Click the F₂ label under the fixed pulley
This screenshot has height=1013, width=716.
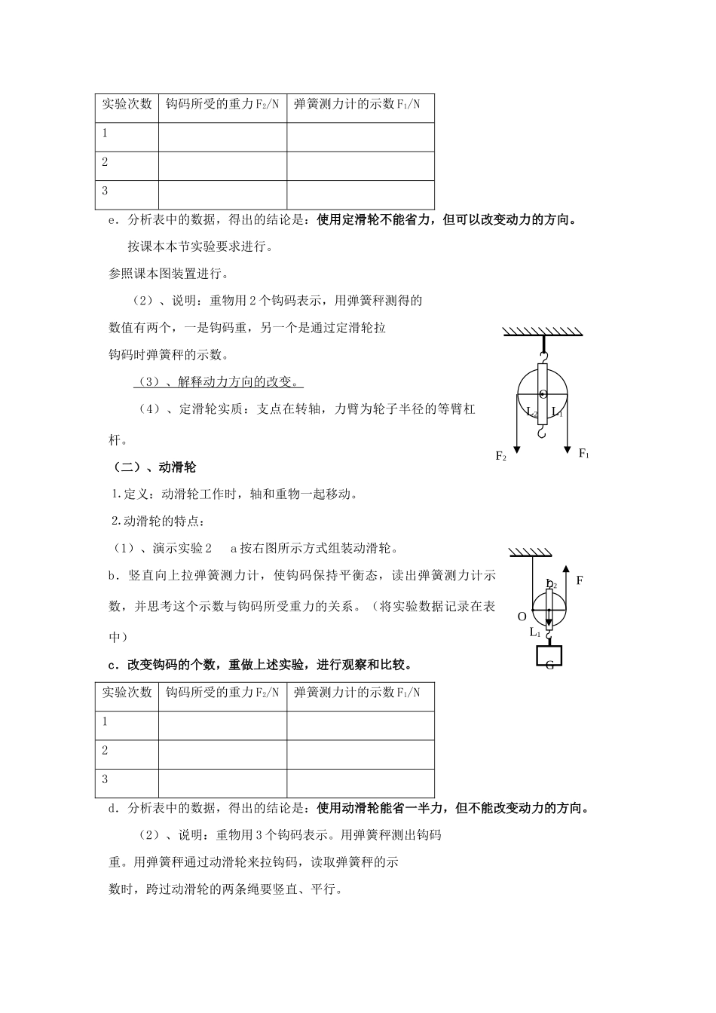[501, 456]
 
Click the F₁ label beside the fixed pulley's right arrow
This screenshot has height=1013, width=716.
[583, 453]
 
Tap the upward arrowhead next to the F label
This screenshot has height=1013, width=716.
[565, 568]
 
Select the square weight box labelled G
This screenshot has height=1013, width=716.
[549, 656]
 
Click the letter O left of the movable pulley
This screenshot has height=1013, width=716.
[522, 617]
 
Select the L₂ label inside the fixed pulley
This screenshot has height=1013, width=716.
[531, 413]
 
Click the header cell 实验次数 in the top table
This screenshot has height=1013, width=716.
[127, 104]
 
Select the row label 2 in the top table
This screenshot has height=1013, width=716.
[106, 162]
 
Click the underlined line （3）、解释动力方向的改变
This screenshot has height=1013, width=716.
[219, 382]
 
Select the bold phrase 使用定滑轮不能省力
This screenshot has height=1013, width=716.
[376, 220]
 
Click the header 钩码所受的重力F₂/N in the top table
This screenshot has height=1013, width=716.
[222, 104]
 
